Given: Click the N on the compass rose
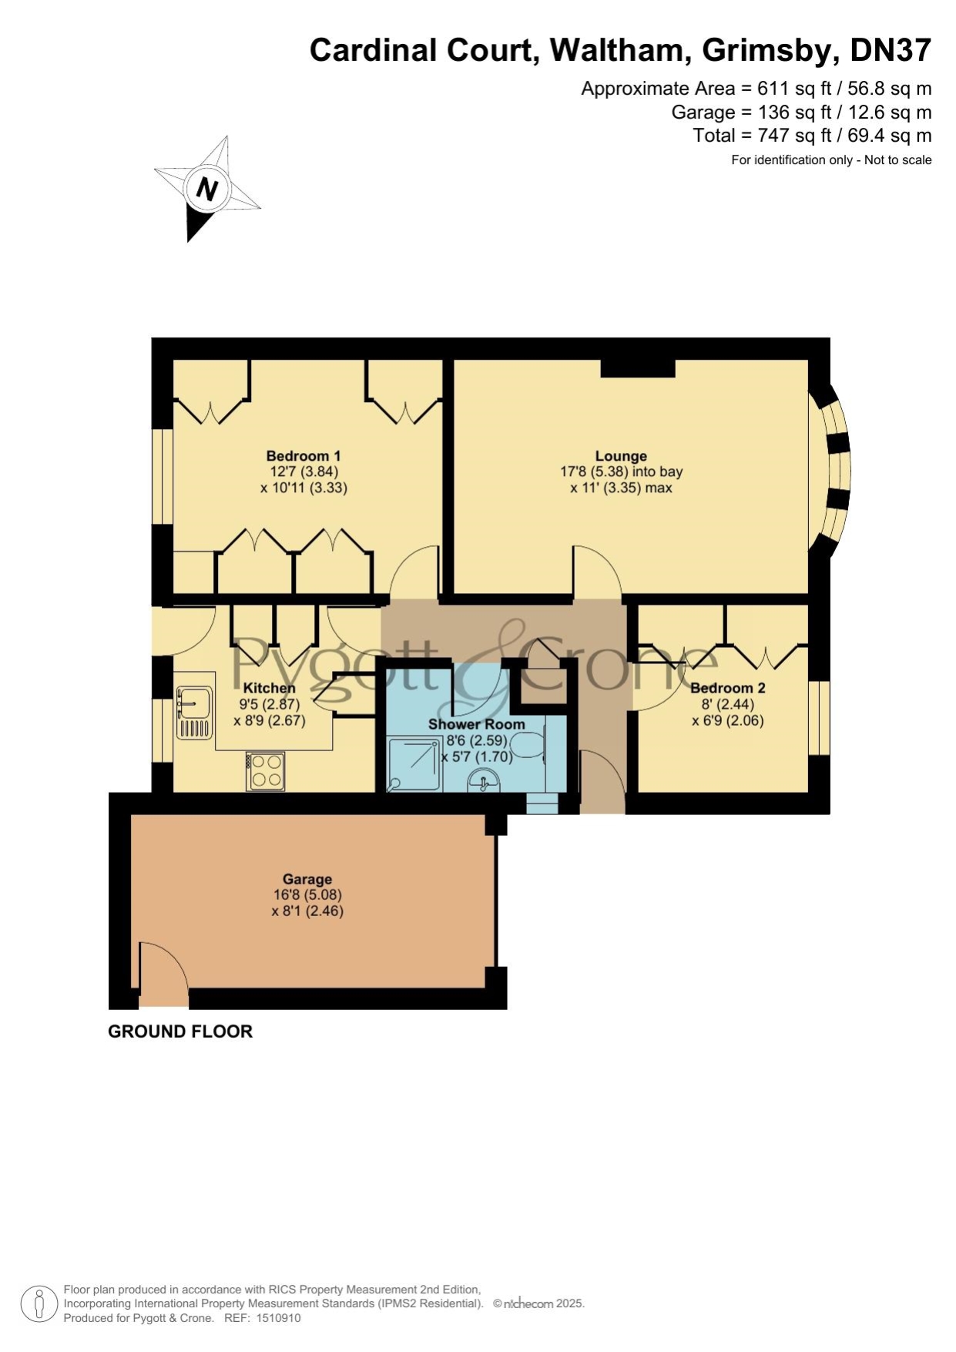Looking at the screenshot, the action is [206, 189].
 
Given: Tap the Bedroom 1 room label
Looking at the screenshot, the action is [304, 456].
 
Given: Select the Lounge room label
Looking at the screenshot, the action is [621, 456].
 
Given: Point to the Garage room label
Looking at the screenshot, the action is [307, 879].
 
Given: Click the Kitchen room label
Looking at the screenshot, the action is [270, 688].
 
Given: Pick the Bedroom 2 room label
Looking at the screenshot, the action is [728, 688].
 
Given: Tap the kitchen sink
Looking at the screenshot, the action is [194, 713].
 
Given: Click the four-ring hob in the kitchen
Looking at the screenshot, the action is [266, 770].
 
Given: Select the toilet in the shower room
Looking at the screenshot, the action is [531, 747].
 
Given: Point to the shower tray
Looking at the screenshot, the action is [414, 766].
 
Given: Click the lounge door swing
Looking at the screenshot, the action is [596, 571].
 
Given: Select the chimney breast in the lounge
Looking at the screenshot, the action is [638, 368].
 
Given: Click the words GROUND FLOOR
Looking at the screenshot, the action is [180, 1032].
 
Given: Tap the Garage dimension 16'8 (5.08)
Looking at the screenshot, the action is [307, 895].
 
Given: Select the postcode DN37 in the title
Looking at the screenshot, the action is [891, 51].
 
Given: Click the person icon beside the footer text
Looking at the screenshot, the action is [39, 1304].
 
